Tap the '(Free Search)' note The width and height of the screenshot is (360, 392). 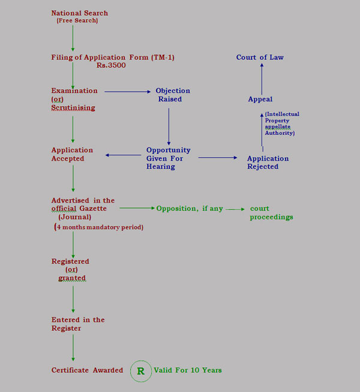(x=77, y=21)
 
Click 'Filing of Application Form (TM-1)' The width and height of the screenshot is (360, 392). (x=113, y=57)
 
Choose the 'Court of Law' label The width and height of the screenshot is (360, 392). (x=260, y=58)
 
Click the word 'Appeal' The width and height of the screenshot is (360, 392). (x=260, y=99)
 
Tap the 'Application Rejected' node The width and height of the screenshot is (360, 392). (x=268, y=162)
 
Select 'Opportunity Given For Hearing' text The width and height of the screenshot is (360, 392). (x=168, y=158)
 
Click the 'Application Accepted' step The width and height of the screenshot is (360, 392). (x=72, y=154)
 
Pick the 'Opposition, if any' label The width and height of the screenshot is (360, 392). (x=190, y=209)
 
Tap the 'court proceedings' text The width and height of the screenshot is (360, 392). (x=271, y=213)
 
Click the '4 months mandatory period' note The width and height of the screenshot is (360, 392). (x=99, y=228)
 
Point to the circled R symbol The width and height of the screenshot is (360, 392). (x=141, y=371)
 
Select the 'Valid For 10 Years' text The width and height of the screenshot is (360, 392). (x=188, y=370)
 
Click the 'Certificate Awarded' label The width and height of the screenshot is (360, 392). (x=87, y=370)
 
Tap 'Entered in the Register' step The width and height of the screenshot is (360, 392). (x=78, y=324)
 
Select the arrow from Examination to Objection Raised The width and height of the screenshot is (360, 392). (x=127, y=92)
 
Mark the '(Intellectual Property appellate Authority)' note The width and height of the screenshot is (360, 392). (x=281, y=123)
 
